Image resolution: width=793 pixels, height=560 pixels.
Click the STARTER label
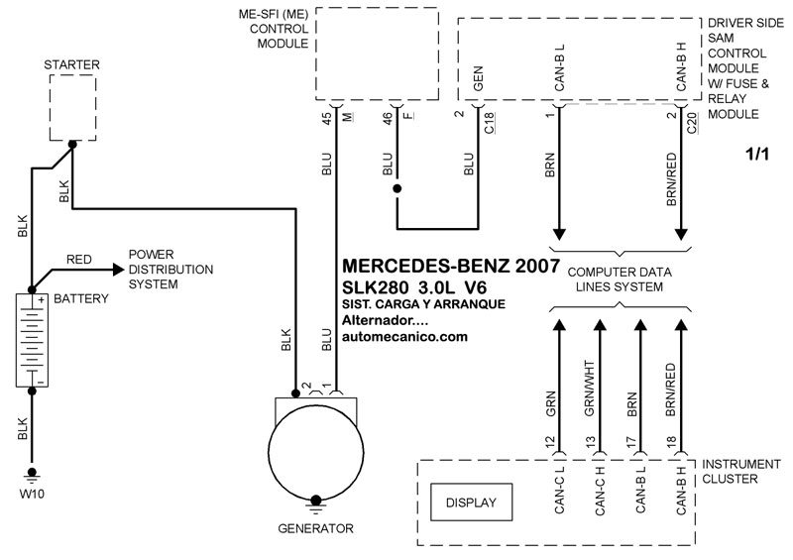(x=71, y=64)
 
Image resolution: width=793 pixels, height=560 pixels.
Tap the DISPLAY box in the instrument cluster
(x=471, y=503)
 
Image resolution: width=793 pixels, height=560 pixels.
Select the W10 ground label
(x=32, y=494)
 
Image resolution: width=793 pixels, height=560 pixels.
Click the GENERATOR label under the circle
(x=315, y=528)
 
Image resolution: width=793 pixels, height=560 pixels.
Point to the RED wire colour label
(x=79, y=260)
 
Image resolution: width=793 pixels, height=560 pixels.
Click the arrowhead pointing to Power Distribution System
(x=118, y=270)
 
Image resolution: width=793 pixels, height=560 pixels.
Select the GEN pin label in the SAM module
(x=478, y=78)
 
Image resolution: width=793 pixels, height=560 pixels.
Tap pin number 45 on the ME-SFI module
(x=327, y=119)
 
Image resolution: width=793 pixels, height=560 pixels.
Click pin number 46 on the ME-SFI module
(x=388, y=119)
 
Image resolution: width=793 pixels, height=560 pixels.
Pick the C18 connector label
(x=489, y=123)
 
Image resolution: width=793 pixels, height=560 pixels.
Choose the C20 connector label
(x=692, y=123)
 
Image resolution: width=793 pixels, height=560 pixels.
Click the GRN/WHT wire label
(x=590, y=389)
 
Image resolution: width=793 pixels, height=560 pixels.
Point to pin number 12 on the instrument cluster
(x=550, y=443)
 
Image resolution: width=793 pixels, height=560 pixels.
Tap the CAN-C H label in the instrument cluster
(x=601, y=491)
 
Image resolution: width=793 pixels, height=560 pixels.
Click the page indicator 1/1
(x=757, y=154)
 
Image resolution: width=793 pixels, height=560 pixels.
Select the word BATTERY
(x=81, y=299)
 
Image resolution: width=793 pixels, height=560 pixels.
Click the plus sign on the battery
(x=41, y=300)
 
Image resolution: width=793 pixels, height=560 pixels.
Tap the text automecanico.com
(x=404, y=337)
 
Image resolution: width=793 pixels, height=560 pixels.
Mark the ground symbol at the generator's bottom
(x=315, y=503)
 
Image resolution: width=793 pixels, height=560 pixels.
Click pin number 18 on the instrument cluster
(x=672, y=443)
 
